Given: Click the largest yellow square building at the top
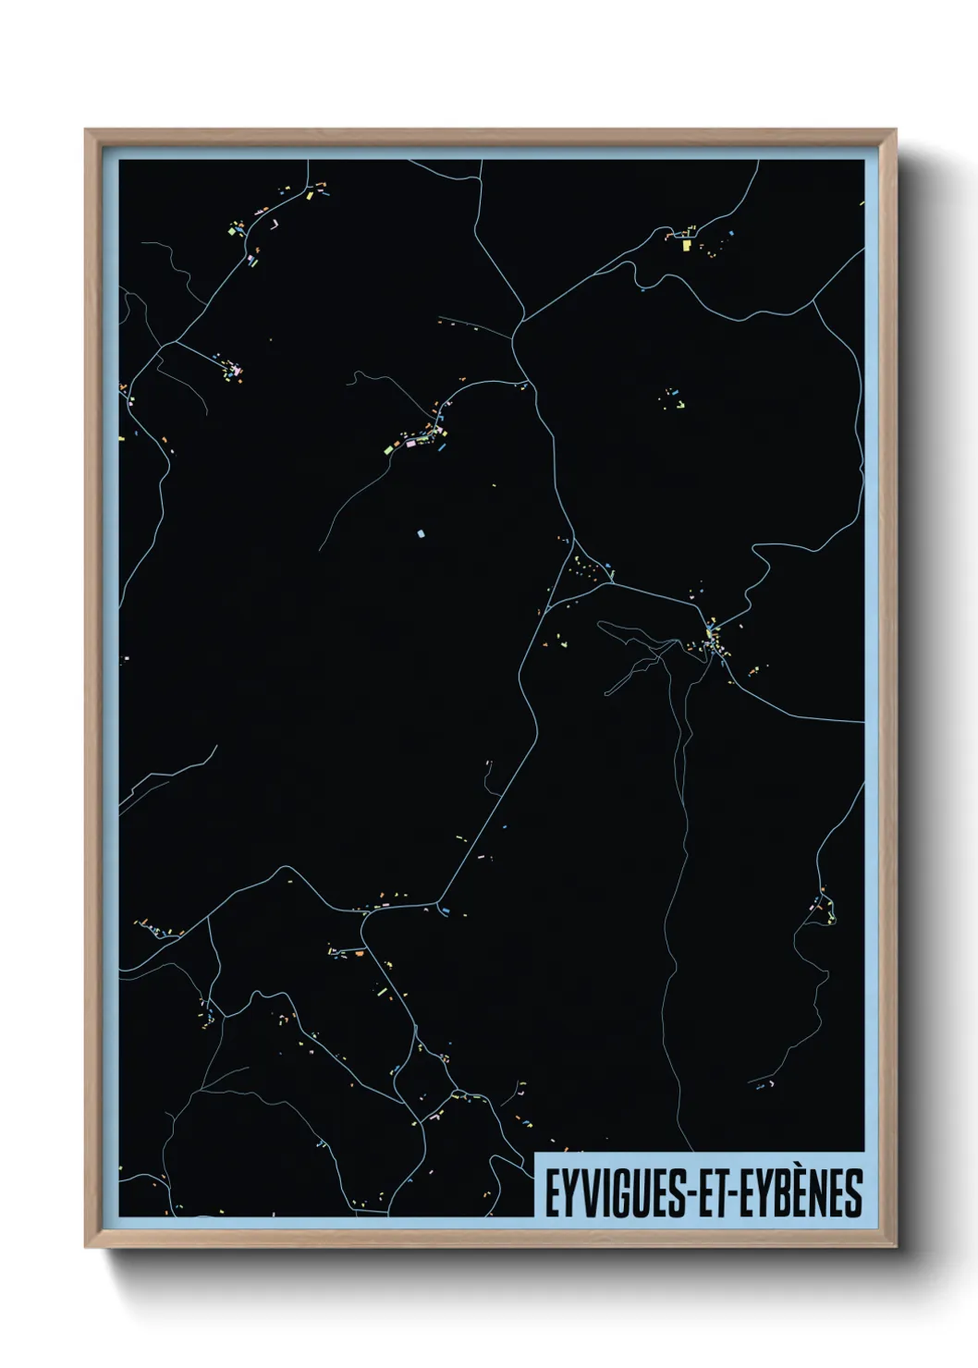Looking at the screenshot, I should coord(687,246).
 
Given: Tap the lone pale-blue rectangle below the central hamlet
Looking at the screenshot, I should coord(421,533).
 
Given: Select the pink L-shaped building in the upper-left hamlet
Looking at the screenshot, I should coord(237,372).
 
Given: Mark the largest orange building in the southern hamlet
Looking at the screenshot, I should coord(358,951).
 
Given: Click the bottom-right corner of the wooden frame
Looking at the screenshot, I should coord(896,1247).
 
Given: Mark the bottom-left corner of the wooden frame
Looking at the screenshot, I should coord(86,1247).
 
